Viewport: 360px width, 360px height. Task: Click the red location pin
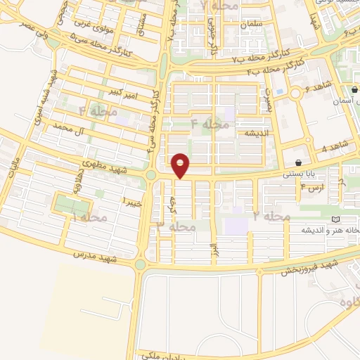click(x=181, y=166)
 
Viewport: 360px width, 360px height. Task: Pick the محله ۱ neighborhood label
click(x=90, y=218)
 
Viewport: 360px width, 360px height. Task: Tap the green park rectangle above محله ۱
click(x=72, y=205)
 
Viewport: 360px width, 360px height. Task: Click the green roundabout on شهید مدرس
click(x=139, y=265)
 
